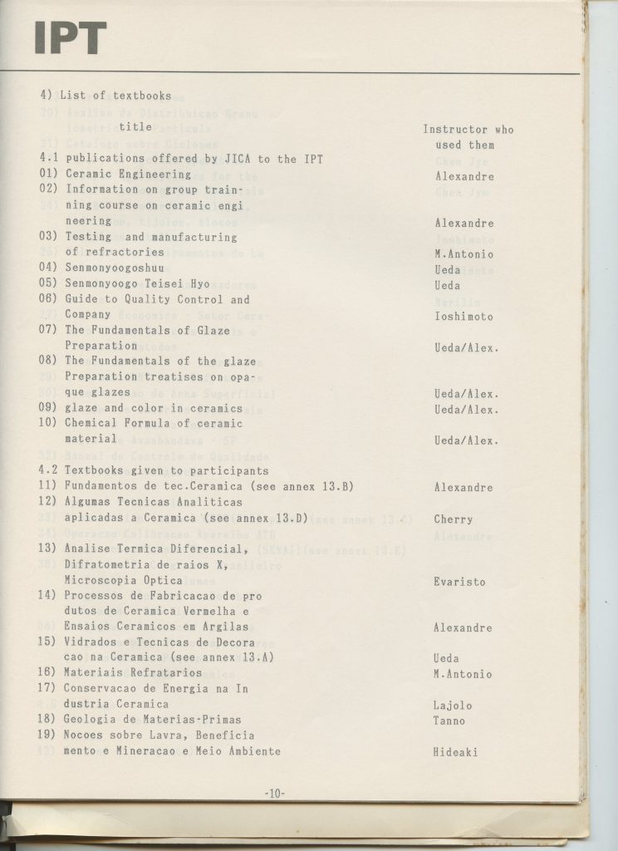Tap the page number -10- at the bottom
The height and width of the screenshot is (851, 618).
tap(275, 794)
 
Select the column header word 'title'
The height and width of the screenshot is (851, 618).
tap(135, 127)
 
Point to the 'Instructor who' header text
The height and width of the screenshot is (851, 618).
tap(468, 130)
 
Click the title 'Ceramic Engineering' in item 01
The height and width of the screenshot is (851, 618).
tap(128, 175)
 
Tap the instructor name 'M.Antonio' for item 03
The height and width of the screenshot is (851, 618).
tap(463, 253)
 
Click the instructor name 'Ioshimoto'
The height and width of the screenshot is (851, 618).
tap(463, 316)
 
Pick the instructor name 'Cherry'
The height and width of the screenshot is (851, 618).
tap(453, 519)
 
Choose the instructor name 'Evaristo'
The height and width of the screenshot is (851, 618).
tap(459, 582)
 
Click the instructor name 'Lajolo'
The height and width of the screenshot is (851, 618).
tap(453, 706)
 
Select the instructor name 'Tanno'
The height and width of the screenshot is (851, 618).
tap(449, 721)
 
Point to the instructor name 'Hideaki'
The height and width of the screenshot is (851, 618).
tap(456, 752)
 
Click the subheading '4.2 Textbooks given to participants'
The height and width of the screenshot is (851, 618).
tap(154, 470)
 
